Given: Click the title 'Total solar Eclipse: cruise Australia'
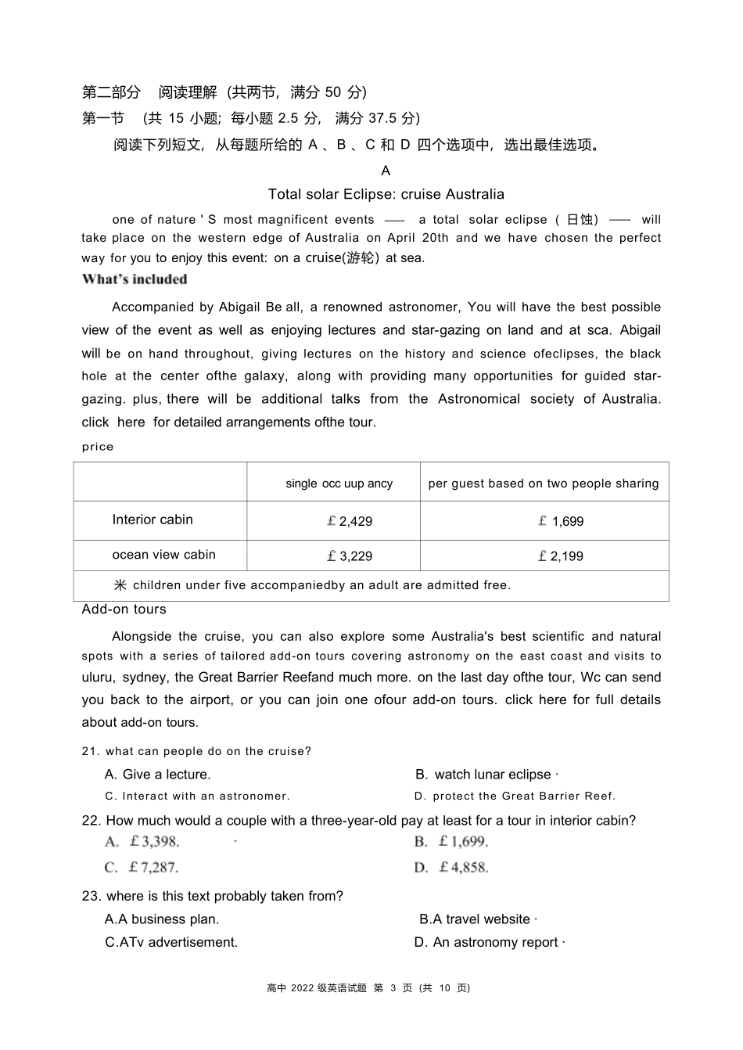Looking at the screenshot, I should pyautogui.click(x=386, y=194).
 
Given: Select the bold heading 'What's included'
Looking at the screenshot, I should pyautogui.click(x=135, y=279).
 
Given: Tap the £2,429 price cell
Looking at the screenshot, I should pyautogui.click(x=350, y=521).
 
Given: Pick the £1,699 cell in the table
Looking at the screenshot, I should pyautogui.click(x=561, y=521).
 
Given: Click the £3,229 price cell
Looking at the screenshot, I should pyautogui.click(x=350, y=556).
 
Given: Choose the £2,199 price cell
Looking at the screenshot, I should pyautogui.click(x=561, y=556).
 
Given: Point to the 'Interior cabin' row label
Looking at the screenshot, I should pyautogui.click(x=153, y=520).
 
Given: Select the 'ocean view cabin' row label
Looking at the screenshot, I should pyautogui.click(x=163, y=555).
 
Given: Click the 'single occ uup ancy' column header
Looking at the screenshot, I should pyautogui.click(x=339, y=484).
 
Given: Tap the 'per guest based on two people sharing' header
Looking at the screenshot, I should pyautogui.click(x=544, y=484).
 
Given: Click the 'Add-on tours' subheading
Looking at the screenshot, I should pyautogui.click(x=124, y=610).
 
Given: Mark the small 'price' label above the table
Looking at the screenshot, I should pyautogui.click(x=98, y=447).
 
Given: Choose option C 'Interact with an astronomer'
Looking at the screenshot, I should pyautogui.click(x=197, y=796).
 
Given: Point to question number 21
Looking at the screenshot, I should pyautogui.click(x=91, y=752).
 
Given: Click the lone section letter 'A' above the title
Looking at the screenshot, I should pyautogui.click(x=386, y=171).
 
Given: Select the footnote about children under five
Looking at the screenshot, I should pyautogui.click(x=313, y=585).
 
